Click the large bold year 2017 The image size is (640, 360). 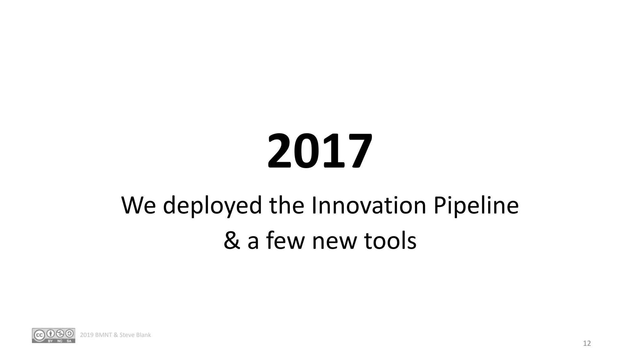point(320,151)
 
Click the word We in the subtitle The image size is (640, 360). point(138,205)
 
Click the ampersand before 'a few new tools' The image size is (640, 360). point(232,241)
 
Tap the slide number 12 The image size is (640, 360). point(587,343)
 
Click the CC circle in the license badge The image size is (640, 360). point(39,335)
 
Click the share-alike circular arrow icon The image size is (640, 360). point(69,333)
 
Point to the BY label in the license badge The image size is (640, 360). point(50,341)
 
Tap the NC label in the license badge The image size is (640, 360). point(60,341)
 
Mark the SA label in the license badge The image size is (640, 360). point(69,341)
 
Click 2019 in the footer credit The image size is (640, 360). point(87,335)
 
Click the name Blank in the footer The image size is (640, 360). point(143,335)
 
